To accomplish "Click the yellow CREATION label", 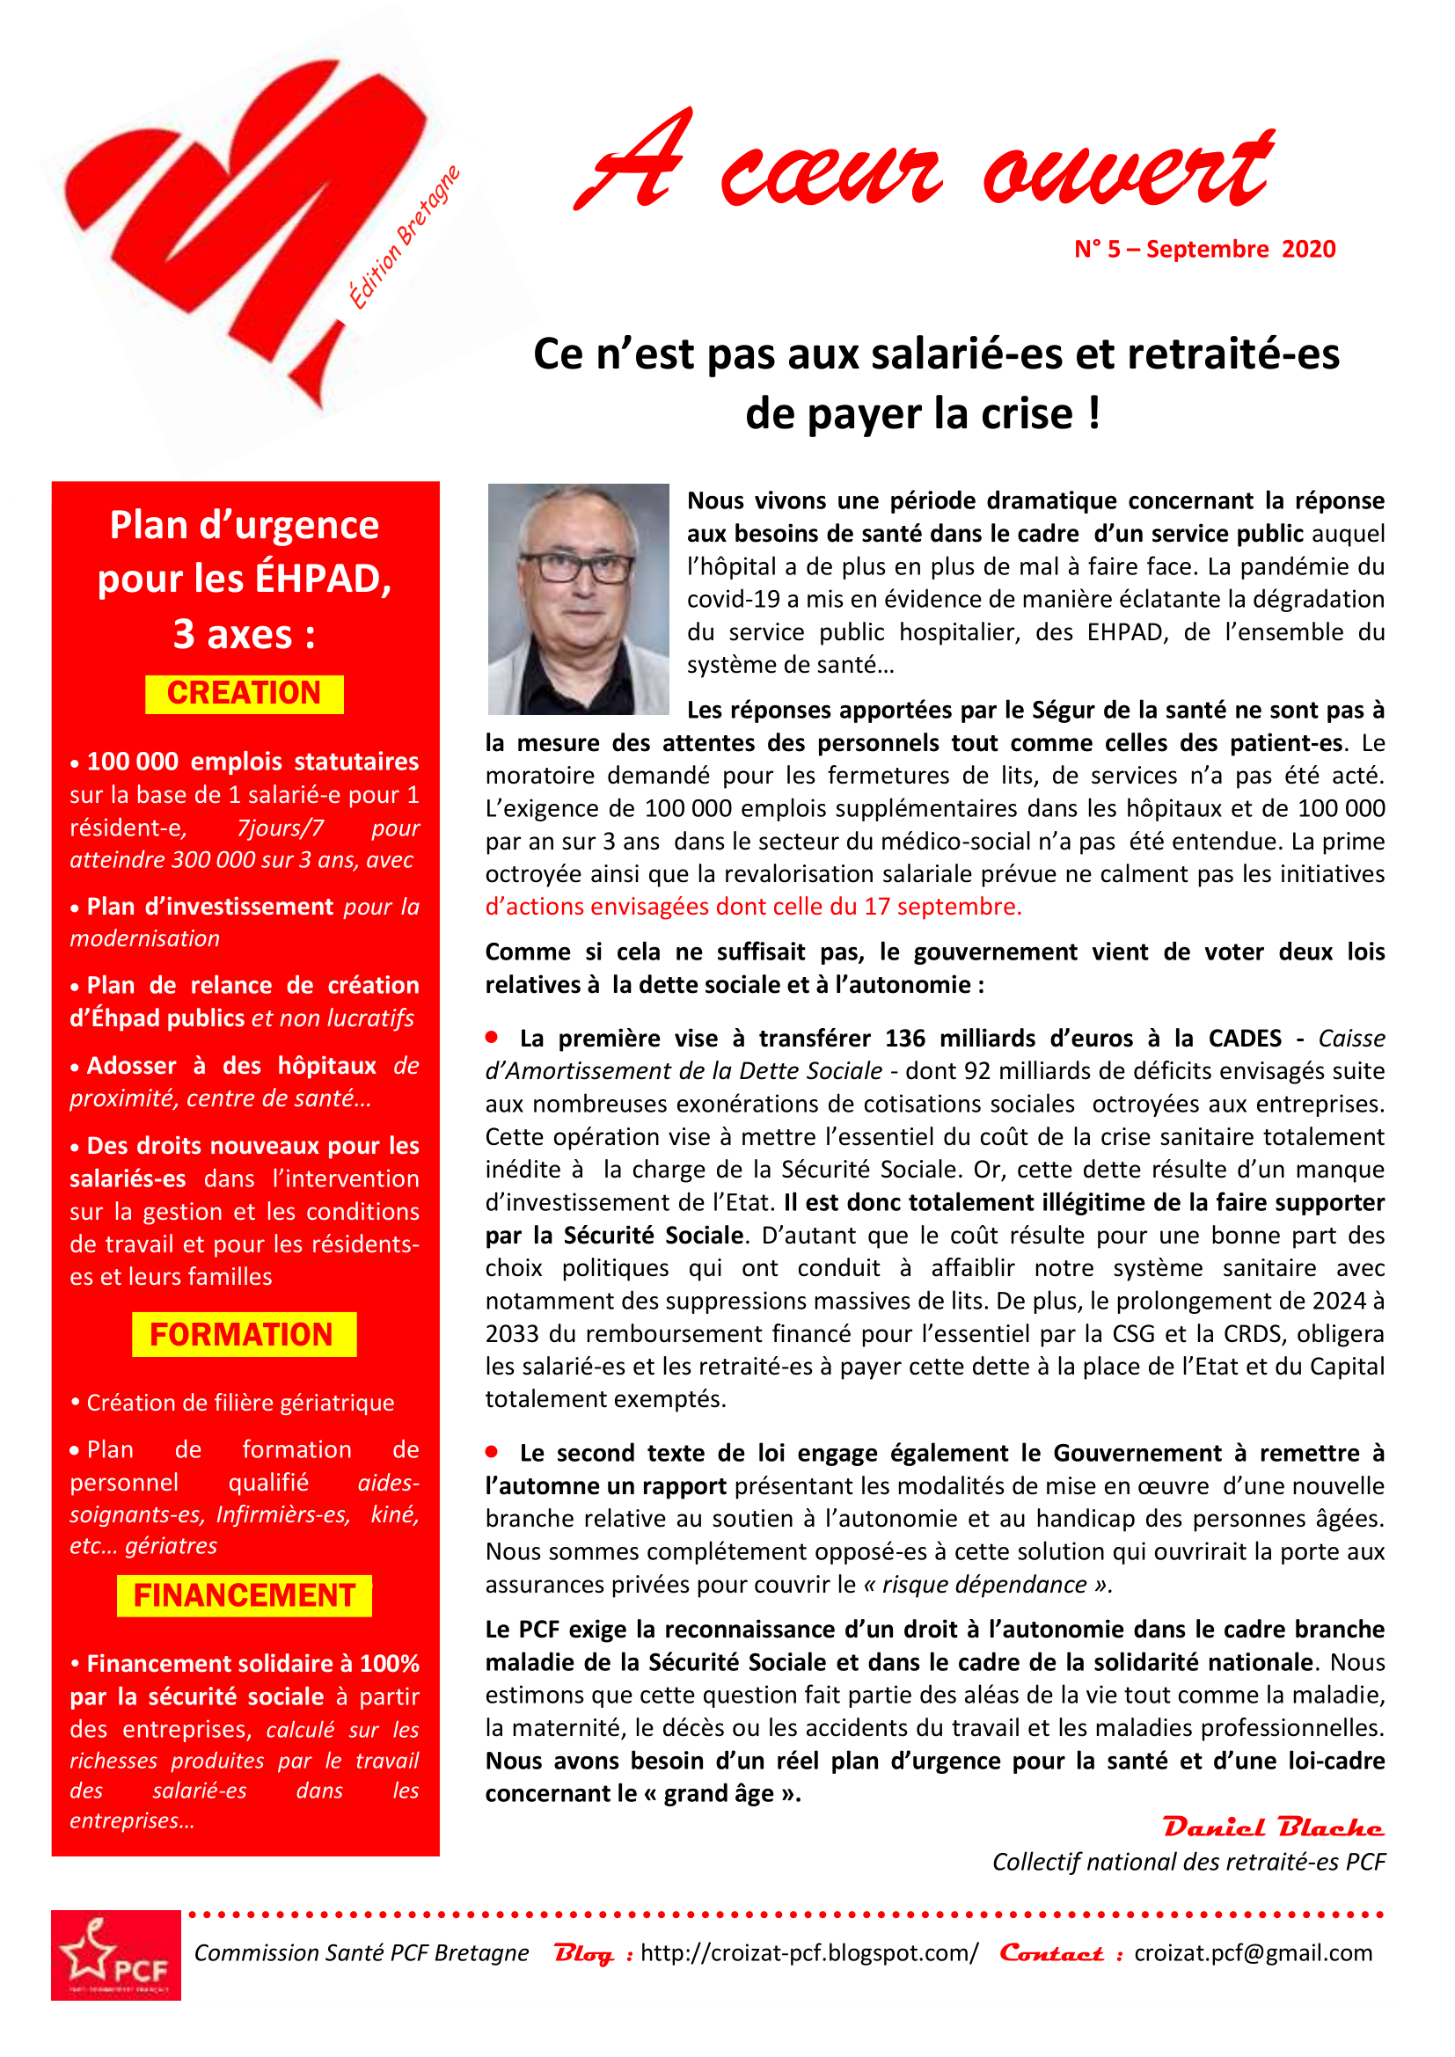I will coord(244,693).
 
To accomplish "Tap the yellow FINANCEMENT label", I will coord(244,1595).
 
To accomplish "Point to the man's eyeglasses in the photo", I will coord(577,567).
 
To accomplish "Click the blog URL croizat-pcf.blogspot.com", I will coord(809,1952).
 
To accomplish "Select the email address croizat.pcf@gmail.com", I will coord(1253,1952).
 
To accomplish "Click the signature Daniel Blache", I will coord(1272,1827).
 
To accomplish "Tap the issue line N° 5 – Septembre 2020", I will coord(1204,249).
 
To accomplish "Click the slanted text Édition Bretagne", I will coord(404,237).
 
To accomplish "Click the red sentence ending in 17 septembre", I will coord(753,907).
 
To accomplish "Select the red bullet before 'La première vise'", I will coord(492,1037).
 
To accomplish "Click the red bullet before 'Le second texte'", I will coord(492,1450).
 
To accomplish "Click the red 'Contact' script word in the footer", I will coord(1051,1952).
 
